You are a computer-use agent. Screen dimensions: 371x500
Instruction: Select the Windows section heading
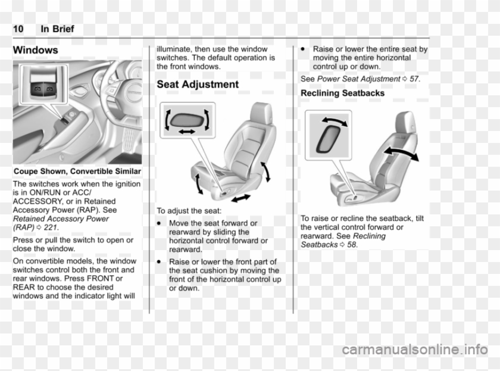[35, 51]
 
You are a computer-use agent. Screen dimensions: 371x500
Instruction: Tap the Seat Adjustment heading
[197, 85]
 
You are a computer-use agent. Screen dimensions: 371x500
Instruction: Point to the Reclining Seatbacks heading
[342, 93]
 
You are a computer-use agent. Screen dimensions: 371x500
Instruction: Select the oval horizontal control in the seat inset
[186, 119]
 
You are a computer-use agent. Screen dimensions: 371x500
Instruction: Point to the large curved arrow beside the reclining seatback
[401, 153]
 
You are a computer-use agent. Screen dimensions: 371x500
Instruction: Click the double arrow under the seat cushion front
[241, 198]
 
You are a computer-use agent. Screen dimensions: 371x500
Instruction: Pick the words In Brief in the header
[58, 29]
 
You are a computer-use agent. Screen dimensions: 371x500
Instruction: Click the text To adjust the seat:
[189, 211]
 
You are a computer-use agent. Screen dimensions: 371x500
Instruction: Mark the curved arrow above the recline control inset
[334, 121]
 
